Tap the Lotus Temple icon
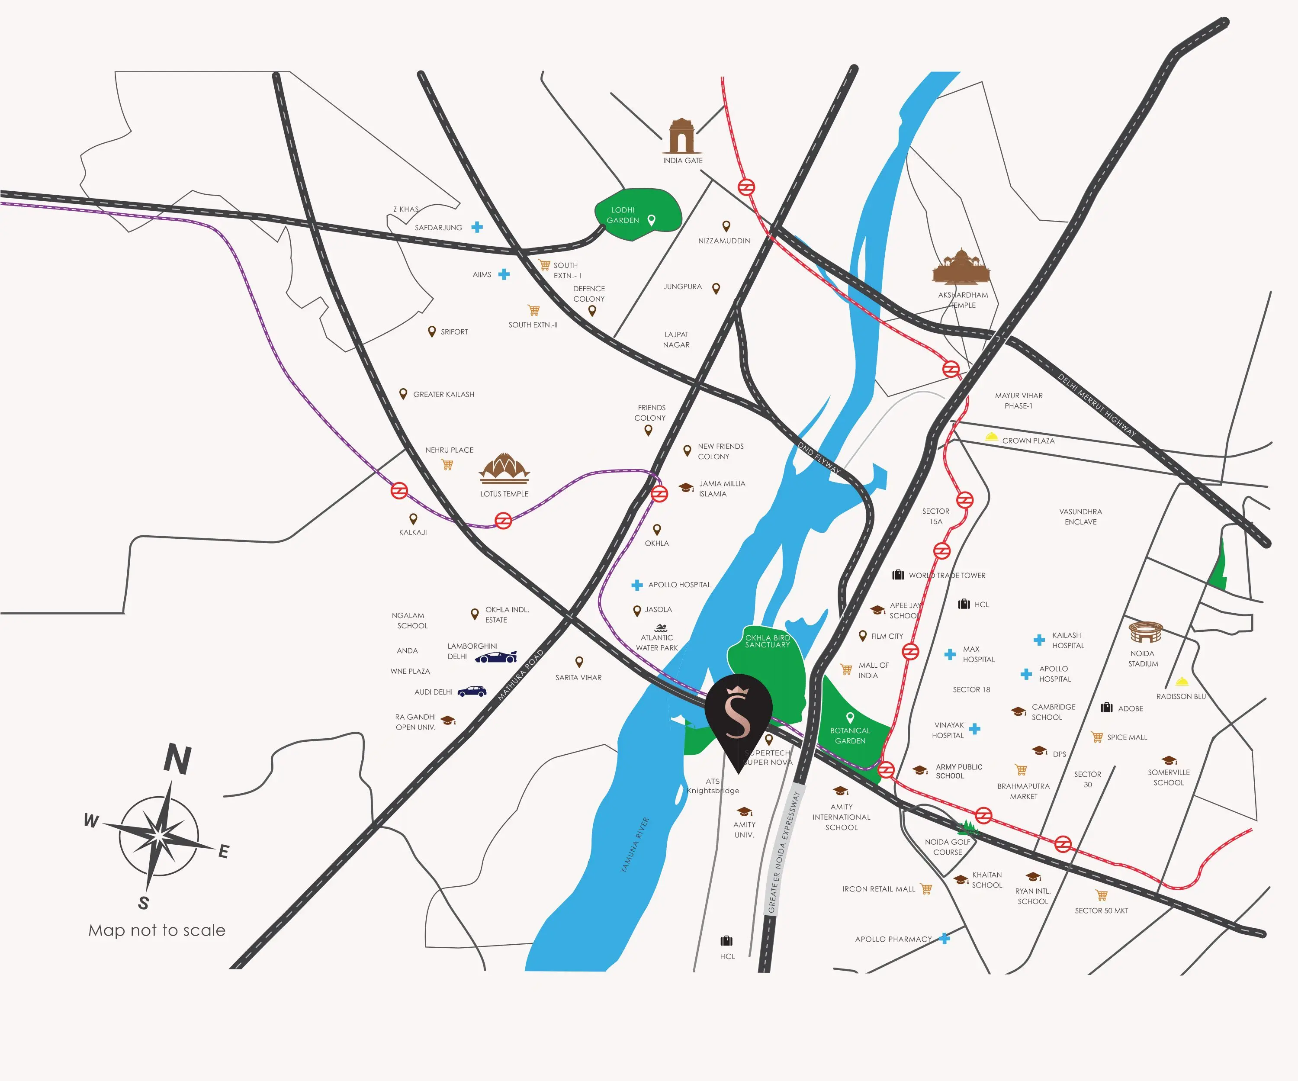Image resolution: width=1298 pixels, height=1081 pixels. click(504, 468)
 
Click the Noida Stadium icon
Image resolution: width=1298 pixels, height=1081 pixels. click(1145, 632)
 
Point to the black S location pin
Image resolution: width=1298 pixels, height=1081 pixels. click(738, 720)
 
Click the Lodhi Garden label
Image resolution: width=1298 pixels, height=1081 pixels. click(623, 215)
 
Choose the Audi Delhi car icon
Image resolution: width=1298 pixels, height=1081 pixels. click(472, 691)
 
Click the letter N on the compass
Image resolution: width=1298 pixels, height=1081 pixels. click(177, 759)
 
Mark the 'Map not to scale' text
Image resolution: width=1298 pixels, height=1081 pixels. click(157, 930)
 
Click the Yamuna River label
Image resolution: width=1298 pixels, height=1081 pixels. click(634, 844)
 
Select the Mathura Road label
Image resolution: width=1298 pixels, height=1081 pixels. click(520, 675)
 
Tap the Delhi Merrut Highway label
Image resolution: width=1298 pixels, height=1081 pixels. click(1096, 405)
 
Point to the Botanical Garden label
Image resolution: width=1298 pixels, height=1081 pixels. click(850, 736)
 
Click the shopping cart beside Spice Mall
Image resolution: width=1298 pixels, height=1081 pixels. click(1097, 737)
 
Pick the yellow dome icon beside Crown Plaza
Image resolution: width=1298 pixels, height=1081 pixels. click(991, 437)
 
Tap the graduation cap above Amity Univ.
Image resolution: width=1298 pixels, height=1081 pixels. click(745, 811)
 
